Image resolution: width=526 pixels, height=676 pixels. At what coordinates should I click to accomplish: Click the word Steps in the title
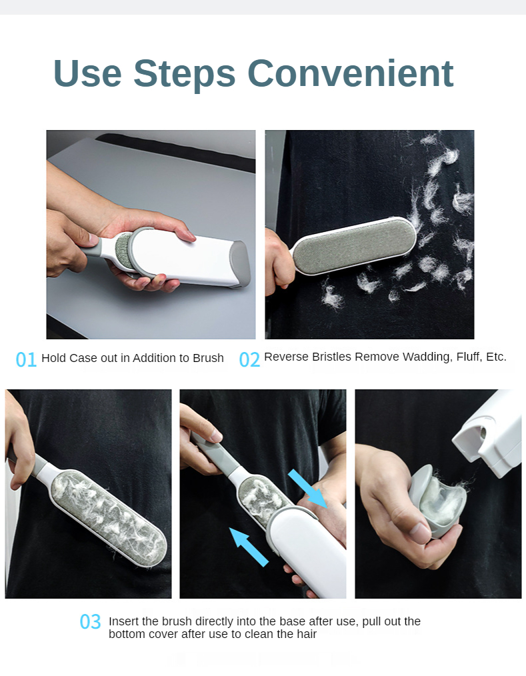(x=185, y=74)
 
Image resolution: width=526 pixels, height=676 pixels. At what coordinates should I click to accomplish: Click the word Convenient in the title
(x=350, y=73)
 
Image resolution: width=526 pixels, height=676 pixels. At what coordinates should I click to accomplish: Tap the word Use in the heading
(x=87, y=73)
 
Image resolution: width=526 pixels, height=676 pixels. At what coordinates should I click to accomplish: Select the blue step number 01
(x=26, y=359)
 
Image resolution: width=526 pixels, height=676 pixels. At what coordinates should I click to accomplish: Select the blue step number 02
(x=249, y=359)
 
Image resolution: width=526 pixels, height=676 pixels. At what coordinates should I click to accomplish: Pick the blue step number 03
(x=90, y=622)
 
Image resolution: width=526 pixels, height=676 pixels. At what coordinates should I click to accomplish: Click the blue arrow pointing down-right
(x=307, y=489)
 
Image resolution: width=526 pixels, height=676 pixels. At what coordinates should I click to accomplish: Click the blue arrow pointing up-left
(x=249, y=547)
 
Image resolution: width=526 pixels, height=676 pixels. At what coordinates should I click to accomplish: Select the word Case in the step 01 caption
(x=83, y=358)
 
